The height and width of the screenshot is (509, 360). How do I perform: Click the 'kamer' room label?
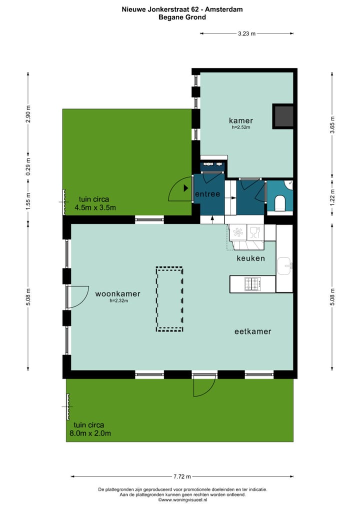(x=241, y=120)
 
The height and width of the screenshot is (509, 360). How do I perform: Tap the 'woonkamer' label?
(x=117, y=294)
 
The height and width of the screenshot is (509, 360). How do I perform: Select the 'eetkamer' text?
(x=253, y=331)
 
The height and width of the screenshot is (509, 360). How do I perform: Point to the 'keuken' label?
(x=250, y=258)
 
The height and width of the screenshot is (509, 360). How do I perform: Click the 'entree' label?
(x=207, y=194)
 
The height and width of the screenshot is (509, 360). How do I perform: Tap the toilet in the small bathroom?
(x=280, y=203)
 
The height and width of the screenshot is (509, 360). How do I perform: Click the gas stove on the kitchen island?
(x=252, y=284)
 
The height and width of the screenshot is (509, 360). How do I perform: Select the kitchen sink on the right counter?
(x=285, y=265)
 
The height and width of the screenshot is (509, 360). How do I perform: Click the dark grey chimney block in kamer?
(x=282, y=116)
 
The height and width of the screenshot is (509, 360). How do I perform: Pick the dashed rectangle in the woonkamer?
(x=169, y=299)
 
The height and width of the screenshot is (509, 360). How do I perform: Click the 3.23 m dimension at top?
(x=246, y=33)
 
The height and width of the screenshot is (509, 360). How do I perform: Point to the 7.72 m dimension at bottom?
(x=182, y=476)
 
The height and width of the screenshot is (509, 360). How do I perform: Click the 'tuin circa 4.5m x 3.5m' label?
(x=95, y=202)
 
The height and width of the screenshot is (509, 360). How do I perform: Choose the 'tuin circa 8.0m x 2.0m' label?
(x=92, y=429)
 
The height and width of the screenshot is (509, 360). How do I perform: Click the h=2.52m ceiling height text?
(x=241, y=127)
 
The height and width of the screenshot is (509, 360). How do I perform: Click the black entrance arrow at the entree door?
(x=186, y=188)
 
